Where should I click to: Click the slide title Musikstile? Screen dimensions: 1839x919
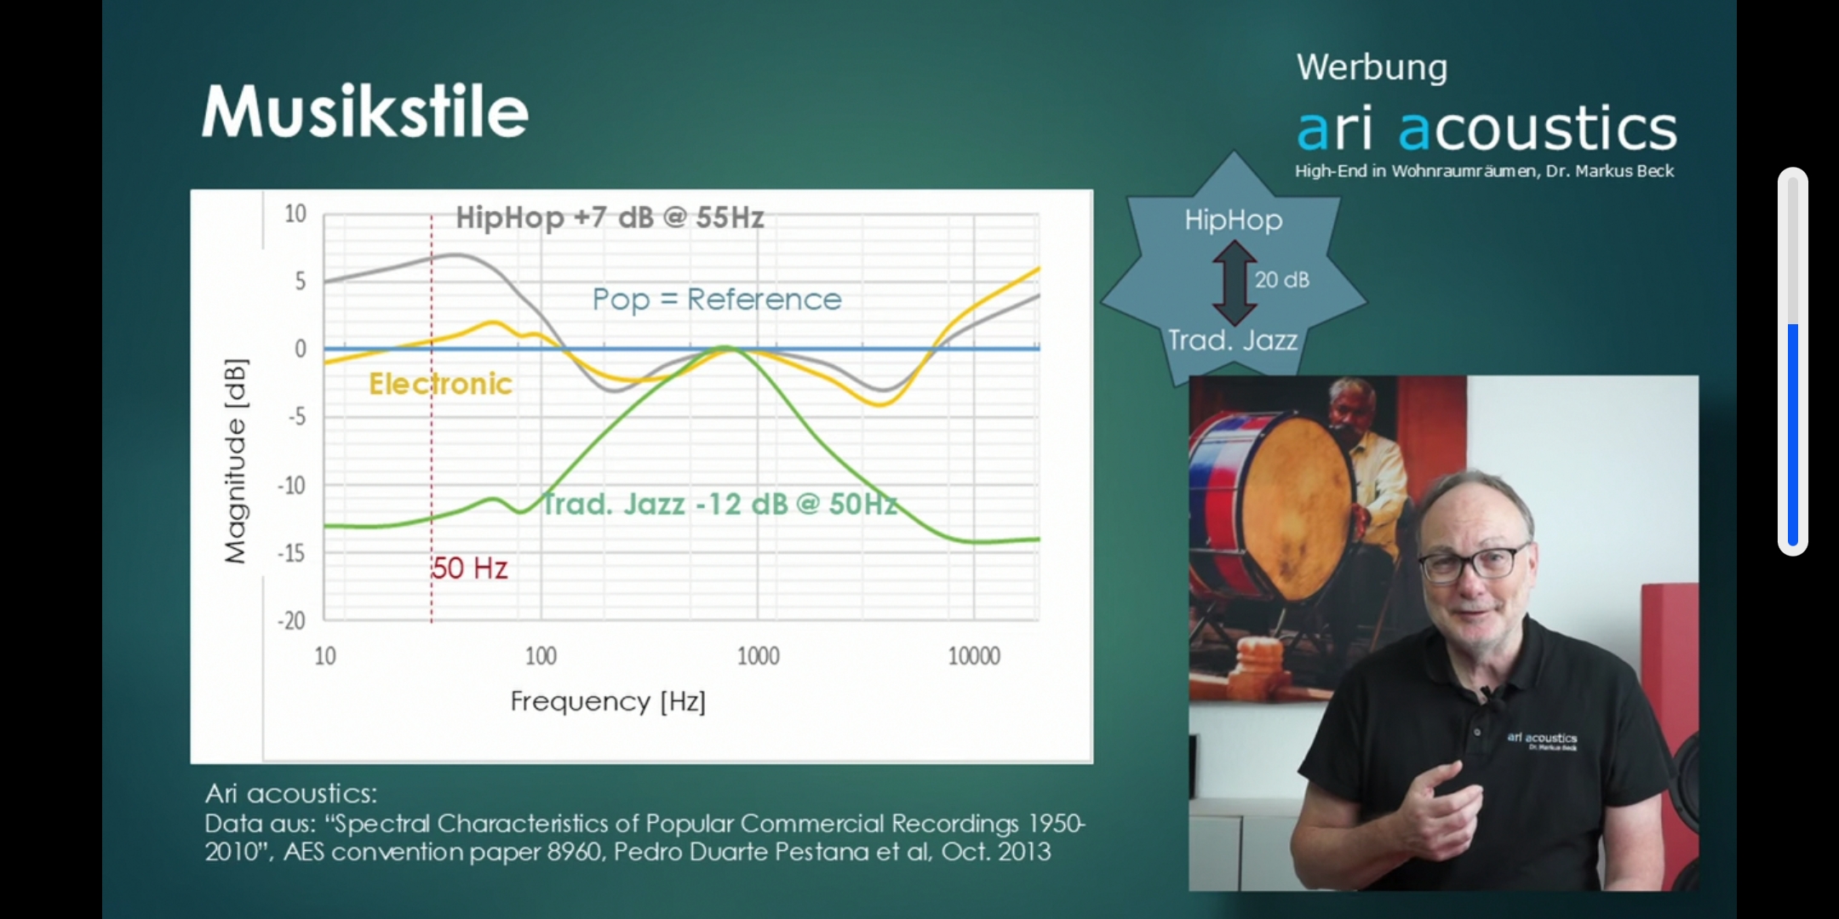tap(364, 111)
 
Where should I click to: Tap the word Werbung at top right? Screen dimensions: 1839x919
tap(1372, 67)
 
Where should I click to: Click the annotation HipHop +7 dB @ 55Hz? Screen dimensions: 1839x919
tap(610, 218)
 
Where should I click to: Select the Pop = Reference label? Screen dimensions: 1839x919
tap(717, 300)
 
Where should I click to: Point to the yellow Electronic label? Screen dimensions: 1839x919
tap(440, 384)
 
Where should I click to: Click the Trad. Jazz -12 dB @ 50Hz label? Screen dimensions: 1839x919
tap(720, 504)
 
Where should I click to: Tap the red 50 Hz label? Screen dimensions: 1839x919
tap(469, 568)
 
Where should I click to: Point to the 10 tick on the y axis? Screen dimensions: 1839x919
tap(295, 213)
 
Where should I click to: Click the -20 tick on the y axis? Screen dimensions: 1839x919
tap(291, 620)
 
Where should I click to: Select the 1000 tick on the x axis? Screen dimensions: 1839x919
tap(758, 656)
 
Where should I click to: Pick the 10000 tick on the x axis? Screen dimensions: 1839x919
tap(974, 656)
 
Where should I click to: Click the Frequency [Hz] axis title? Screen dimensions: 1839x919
tap(608, 701)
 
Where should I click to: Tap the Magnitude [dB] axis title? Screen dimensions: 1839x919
tap(236, 460)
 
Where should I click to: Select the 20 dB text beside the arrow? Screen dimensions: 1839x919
tap(1281, 280)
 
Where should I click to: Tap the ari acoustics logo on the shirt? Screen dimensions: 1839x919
tap(1542, 740)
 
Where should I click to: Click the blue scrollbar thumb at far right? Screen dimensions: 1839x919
tap(1792, 435)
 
